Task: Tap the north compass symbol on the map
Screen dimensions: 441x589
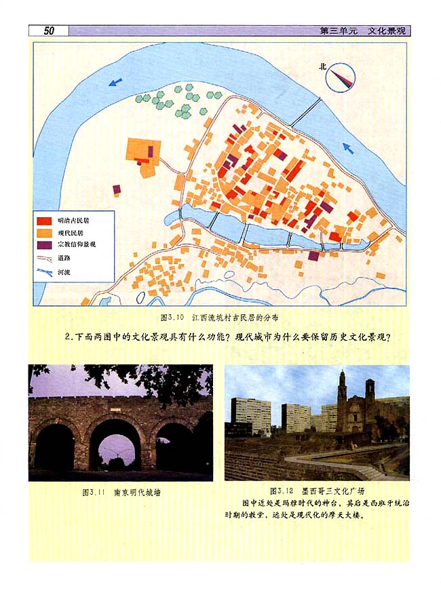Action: coord(341,77)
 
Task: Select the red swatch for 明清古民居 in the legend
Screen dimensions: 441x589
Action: coord(44,221)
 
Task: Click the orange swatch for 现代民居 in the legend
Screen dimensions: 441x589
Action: coord(44,232)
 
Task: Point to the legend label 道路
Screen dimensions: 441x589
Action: coord(64,258)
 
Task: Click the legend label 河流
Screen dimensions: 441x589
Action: coord(64,272)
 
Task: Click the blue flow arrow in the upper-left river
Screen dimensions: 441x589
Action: coord(116,82)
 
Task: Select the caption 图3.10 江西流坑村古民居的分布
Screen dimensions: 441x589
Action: coord(219,317)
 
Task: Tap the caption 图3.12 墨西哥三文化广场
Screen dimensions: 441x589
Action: coord(317,491)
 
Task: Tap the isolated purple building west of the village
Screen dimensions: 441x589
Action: coord(117,189)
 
